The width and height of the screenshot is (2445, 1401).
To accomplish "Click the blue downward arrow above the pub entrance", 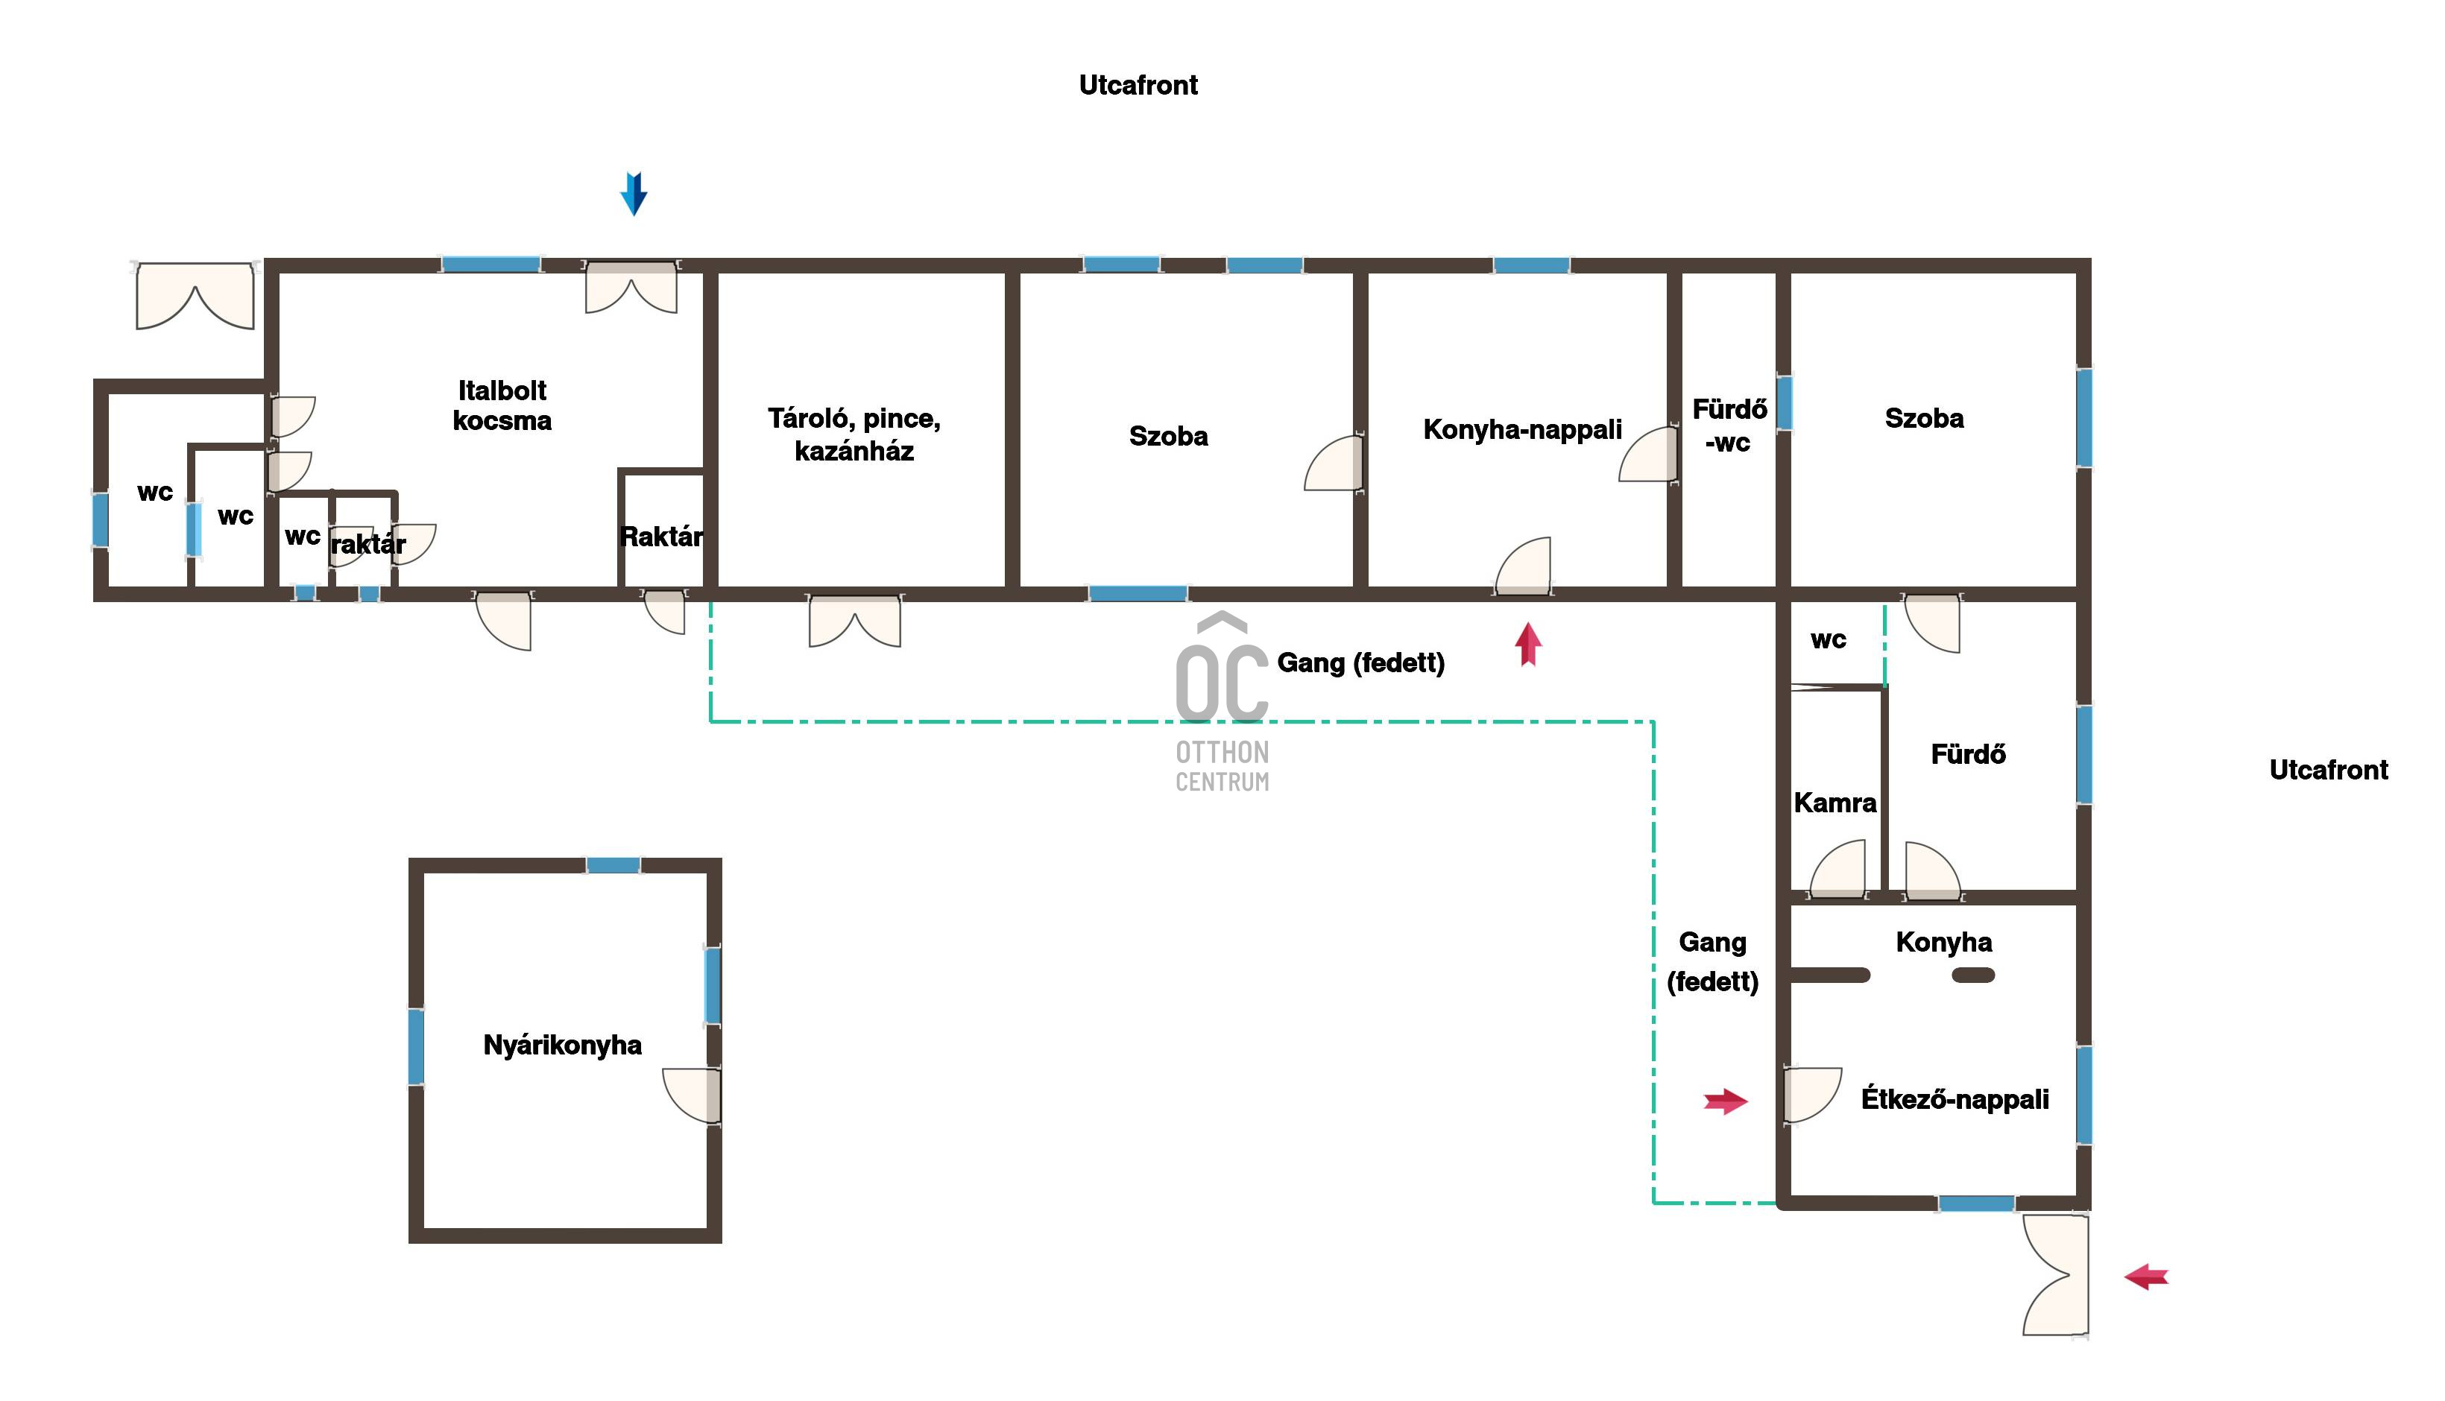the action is (633, 194).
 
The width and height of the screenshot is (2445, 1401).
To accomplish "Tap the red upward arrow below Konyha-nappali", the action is (1528, 644).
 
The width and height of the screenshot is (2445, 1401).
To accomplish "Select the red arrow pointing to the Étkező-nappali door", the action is (1725, 1101).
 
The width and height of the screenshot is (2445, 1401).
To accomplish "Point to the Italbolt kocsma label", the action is (502, 405).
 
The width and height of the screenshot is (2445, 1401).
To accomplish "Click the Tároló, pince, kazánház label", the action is (854, 434).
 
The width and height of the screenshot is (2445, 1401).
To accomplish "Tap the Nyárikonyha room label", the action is (562, 1045).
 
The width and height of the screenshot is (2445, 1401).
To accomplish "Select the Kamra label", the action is (1835, 803).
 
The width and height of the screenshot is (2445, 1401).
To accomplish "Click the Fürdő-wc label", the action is (1729, 426).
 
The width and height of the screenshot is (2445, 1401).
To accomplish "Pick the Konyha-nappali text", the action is (1522, 429).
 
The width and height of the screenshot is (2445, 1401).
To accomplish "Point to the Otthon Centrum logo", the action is (1222, 701).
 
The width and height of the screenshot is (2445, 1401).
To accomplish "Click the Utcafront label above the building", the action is (1138, 85).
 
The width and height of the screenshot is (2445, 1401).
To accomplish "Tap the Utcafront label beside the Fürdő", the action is (2329, 770).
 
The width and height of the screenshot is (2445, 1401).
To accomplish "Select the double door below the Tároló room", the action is (854, 621).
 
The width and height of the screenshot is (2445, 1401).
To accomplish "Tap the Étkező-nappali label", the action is (1955, 1099).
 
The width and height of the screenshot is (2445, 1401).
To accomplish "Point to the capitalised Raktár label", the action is (661, 536).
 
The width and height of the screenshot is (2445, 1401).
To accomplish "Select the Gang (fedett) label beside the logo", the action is (1360, 663).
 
